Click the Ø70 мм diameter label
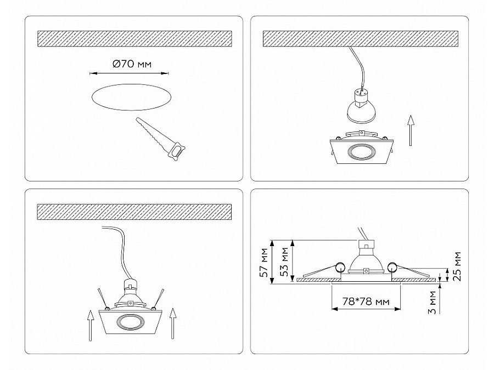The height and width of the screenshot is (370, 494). pos(132,64)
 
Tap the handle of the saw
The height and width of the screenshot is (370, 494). pos(177,151)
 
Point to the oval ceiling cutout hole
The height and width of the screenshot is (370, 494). pos(132,97)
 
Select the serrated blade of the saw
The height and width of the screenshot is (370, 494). pos(152,132)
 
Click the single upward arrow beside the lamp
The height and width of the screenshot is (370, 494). pos(410,130)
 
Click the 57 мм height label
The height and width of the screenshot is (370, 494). pos(264,263)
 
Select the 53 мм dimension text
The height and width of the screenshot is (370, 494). pos(284,262)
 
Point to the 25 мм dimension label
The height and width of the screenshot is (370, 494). pos(457,266)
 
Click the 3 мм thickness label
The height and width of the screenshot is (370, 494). pos(433,303)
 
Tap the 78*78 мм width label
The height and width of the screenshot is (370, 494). pos(366,301)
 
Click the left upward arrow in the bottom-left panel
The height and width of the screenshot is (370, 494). pos(91,326)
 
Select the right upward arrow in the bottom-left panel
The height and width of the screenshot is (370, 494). pos(172,323)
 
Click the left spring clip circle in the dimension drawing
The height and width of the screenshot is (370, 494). pos(340,267)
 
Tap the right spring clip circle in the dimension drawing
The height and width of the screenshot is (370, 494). pos(392,267)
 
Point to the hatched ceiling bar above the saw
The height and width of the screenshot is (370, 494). pos(134,39)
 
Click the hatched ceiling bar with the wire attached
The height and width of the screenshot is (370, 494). pos(361,39)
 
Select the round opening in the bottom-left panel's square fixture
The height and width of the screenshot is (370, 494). pos(131,322)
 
